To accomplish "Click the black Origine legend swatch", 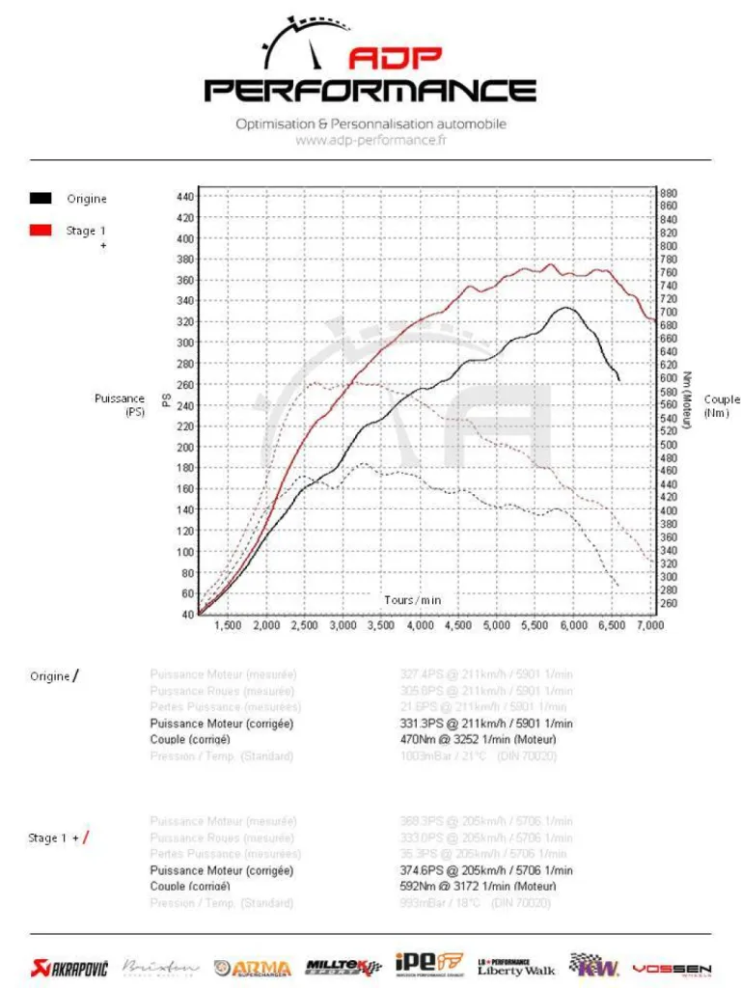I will pos(41,199).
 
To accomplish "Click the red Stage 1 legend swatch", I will pos(41,231).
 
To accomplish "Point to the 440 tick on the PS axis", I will pos(185,197).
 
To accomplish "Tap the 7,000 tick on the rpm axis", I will pos(651,625).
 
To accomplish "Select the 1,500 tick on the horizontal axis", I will pos(227,625).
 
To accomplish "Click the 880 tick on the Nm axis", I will pos(668,193).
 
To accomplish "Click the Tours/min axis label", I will pos(412,600).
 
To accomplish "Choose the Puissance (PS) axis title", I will pos(120,405).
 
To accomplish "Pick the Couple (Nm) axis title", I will pos(722,406).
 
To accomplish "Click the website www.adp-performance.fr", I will pos(370,140).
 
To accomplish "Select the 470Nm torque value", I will pos(419,740).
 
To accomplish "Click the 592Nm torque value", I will pos(419,886).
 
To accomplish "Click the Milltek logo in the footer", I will pos(343,967).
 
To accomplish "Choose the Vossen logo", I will pos(672,968).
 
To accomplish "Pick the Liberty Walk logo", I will pos(516,967).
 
